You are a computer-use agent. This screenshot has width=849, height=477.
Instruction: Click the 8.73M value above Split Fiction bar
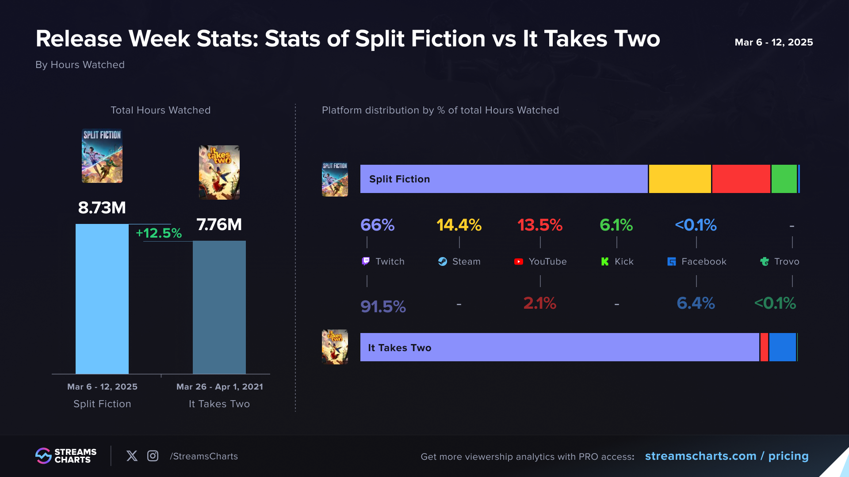(102, 208)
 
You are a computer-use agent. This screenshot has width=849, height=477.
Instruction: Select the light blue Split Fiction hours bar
(102, 299)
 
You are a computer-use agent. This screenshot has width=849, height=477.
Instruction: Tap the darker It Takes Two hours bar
(219, 307)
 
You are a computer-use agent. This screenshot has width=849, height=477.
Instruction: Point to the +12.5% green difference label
(159, 233)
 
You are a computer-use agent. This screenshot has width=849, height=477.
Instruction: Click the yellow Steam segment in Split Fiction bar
(680, 179)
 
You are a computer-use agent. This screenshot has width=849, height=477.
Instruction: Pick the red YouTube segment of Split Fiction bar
(741, 179)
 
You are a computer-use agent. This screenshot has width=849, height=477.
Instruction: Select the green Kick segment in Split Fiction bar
(784, 179)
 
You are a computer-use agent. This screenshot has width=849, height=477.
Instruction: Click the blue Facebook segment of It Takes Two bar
(782, 347)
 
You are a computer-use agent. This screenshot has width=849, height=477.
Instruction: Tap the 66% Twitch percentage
(377, 225)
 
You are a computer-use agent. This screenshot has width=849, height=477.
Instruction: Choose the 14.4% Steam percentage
(459, 225)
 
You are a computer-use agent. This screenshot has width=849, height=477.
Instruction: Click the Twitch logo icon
(366, 261)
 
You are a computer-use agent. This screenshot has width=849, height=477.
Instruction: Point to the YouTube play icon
(519, 261)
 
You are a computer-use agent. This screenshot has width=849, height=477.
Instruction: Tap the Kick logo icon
(605, 261)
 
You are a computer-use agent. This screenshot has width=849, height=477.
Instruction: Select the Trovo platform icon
(765, 261)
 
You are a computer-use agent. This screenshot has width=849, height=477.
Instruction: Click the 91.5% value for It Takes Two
(383, 306)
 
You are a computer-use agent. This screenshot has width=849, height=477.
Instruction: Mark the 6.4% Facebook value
(696, 303)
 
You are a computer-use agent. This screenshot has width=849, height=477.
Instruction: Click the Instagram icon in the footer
(153, 456)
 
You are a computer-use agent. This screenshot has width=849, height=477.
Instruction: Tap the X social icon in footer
(132, 456)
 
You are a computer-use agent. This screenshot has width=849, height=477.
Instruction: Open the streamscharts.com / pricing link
(727, 456)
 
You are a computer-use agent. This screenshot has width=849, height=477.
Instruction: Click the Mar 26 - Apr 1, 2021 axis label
(219, 386)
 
